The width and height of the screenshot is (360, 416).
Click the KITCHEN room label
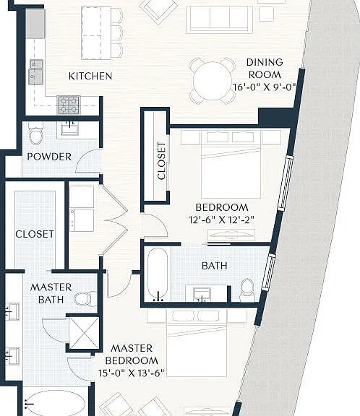(x=90, y=76)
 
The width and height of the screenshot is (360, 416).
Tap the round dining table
(x=213, y=81)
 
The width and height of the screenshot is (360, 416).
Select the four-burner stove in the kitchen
(x=69, y=105)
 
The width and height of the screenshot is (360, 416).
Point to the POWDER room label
(x=49, y=157)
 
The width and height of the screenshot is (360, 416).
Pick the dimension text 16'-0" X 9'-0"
(x=265, y=87)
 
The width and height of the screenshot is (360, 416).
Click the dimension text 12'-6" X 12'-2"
(x=222, y=220)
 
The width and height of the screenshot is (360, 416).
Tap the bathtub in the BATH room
(x=158, y=274)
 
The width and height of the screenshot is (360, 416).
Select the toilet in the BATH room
(x=247, y=290)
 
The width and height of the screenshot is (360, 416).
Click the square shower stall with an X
(x=84, y=333)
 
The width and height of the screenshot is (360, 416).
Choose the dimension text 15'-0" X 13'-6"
(x=132, y=373)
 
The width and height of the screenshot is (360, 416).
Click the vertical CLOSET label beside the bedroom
(x=161, y=161)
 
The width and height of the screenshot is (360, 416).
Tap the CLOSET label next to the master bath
(x=35, y=234)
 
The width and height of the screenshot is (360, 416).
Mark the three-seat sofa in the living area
(x=219, y=19)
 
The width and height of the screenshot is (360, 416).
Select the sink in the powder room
(x=69, y=129)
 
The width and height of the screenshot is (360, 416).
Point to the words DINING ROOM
(x=265, y=69)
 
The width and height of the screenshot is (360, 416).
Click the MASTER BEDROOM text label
(x=132, y=355)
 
